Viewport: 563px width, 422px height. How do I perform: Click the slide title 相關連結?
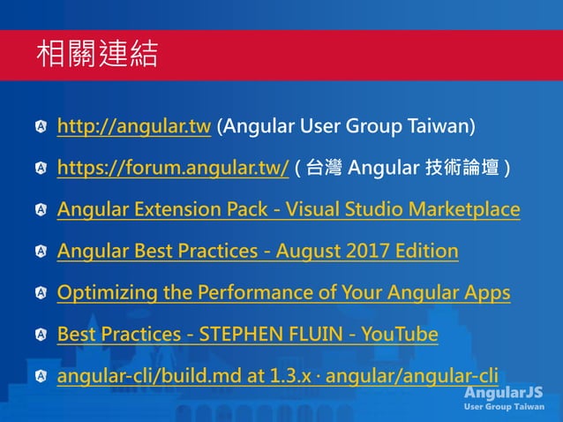point(96,55)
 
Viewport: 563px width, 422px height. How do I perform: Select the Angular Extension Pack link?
point(288,209)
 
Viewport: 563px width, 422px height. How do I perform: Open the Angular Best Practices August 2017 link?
point(258,252)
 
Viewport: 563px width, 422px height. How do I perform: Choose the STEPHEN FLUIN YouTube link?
point(247,335)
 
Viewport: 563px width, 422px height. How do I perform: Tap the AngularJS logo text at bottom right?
point(504,392)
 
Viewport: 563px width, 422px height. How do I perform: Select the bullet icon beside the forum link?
point(41,169)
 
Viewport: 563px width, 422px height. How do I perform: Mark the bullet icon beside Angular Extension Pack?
point(41,210)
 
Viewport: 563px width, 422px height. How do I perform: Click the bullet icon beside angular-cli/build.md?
point(41,378)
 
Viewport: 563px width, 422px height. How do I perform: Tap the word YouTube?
point(402,335)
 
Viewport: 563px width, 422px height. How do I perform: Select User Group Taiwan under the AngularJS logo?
point(504,407)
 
